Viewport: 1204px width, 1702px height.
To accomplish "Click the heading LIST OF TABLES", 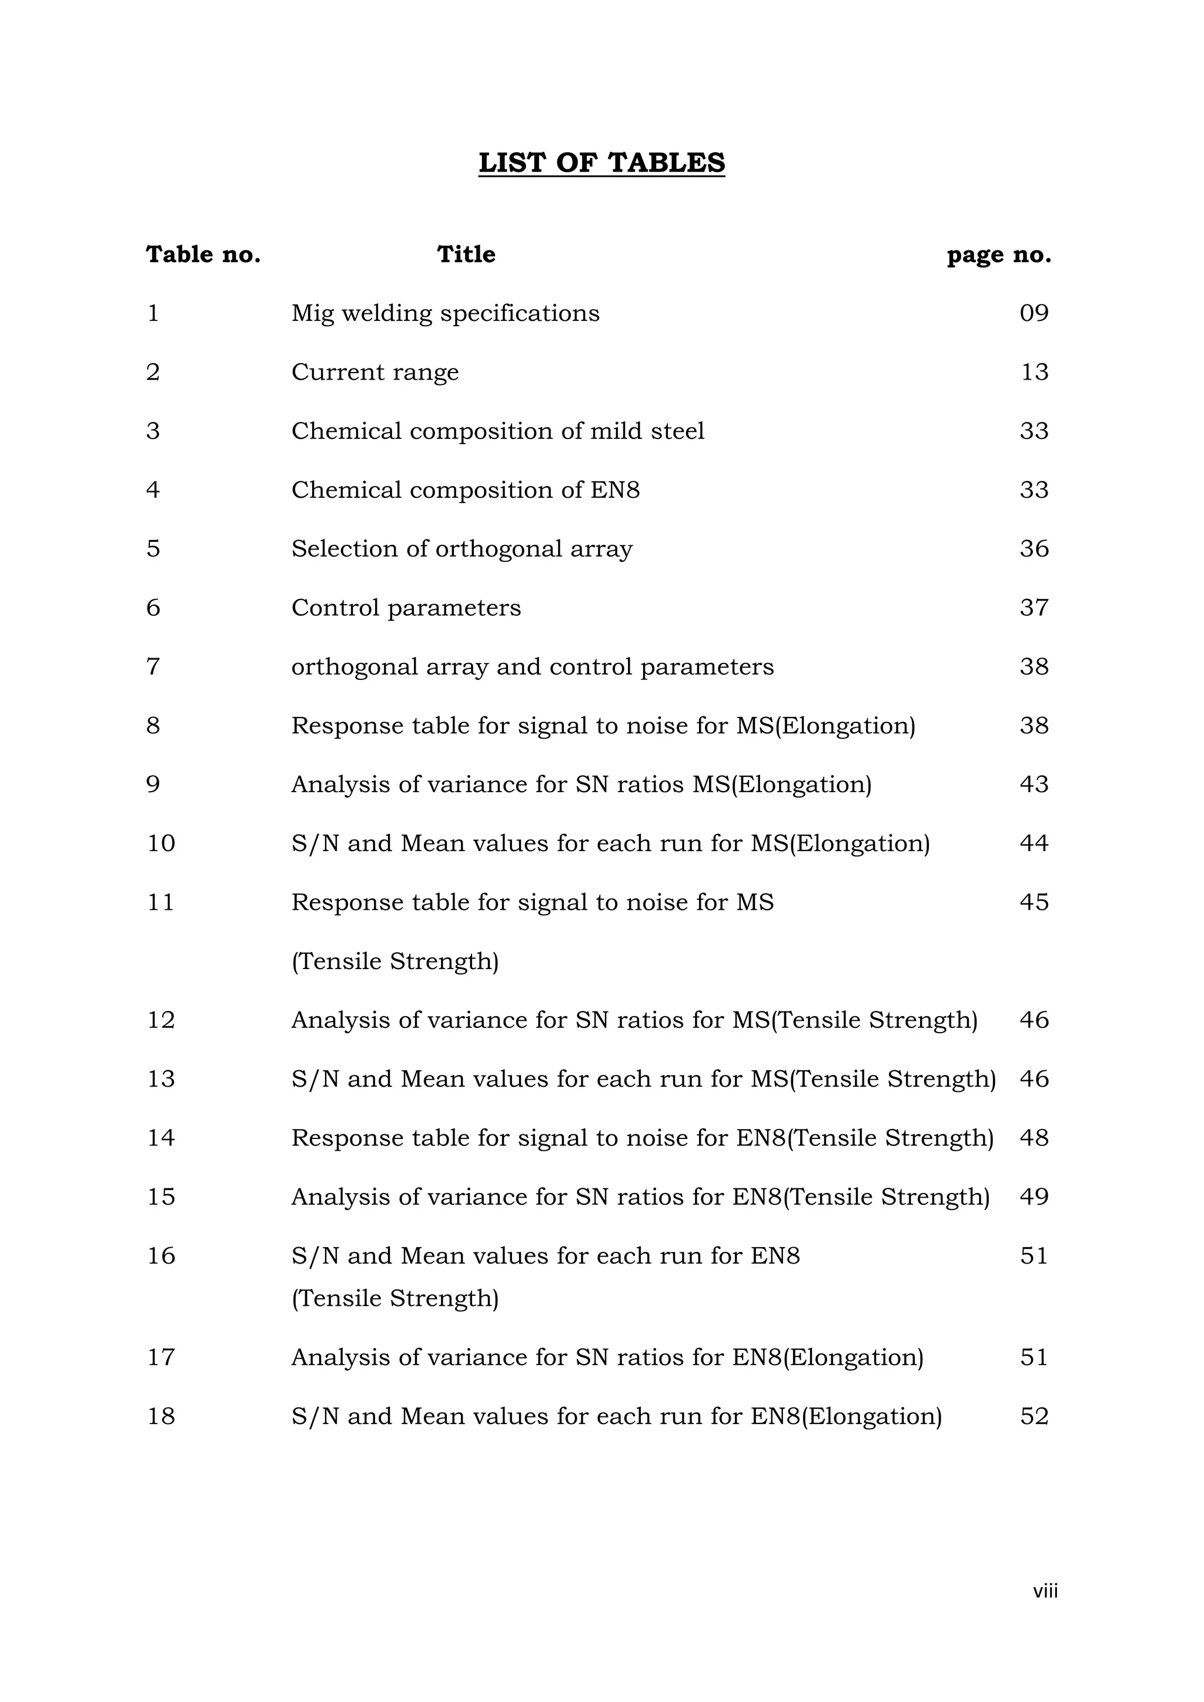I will coord(601,162).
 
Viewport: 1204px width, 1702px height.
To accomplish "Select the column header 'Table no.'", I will coord(203,254).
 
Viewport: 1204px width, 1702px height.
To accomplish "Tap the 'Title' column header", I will coord(466,254).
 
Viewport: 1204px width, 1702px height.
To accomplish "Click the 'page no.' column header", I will coord(999,255).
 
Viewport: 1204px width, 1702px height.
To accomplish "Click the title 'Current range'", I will coord(374,372).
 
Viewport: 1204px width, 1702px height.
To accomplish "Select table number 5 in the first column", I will coord(153,548).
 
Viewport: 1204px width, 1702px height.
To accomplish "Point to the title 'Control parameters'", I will coord(406,608).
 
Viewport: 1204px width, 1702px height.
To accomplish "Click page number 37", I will coord(1034,608).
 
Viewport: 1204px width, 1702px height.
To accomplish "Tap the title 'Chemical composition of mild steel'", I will coord(497,431).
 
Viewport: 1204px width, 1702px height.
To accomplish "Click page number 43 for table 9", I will coord(1034,784).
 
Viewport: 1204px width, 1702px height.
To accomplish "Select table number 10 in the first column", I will coord(161,843).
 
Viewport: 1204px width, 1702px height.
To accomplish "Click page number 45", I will coord(1034,902).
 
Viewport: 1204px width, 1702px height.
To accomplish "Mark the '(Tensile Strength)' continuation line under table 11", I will coord(394,961).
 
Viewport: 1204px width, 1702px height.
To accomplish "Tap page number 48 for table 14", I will coord(1034,1138).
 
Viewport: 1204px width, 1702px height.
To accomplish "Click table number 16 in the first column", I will coord(161,1256).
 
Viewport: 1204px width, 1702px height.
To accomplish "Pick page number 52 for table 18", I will coord(1034,1416).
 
